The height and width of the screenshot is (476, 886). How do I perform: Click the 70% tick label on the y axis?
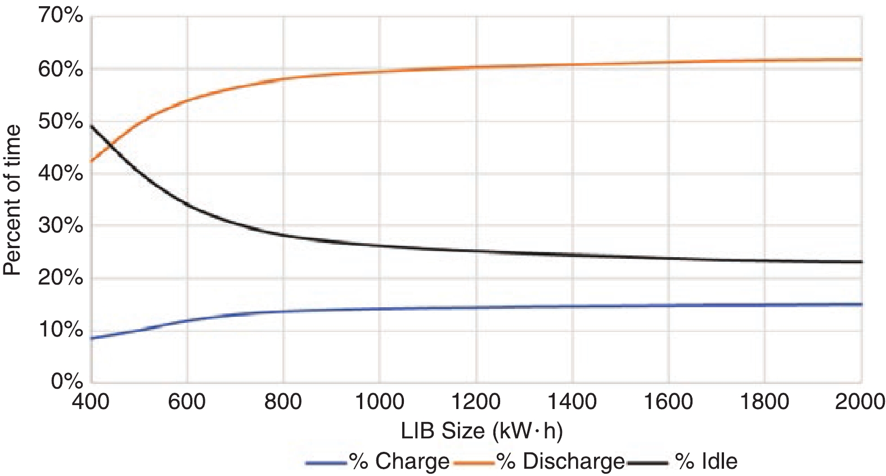tap(61, 16)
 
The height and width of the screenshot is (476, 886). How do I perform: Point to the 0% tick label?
tap(67, 381)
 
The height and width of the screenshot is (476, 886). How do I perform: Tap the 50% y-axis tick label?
tap(61, 121)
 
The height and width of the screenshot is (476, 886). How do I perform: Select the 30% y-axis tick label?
tap(61, 226)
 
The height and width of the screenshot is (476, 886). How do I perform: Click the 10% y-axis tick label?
tap(61, 330)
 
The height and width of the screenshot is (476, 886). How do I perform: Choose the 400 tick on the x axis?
tap(91, 402)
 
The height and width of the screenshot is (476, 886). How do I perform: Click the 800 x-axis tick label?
tap(283, 402)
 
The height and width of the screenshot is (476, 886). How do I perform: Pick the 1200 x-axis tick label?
tap(476, 402)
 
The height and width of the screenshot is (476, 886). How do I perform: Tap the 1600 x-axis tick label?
tap(668, 402)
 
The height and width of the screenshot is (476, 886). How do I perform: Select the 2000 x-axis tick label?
tap(860, 402)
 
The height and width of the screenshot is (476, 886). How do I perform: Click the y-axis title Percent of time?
tap(12, 200)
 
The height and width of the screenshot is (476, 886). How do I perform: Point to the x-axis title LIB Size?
tap(482, 431)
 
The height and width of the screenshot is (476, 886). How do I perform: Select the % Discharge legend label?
tap(561, 461)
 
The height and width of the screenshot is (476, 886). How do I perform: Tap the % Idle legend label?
tap(706, 461)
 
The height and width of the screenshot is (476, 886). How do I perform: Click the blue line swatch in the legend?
tap(326, 463)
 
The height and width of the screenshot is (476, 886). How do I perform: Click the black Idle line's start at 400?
tap(92, 126)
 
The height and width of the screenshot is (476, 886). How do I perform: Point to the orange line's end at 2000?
tap(861, 59)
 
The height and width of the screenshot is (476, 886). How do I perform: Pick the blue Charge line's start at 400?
tap(92, 338)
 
